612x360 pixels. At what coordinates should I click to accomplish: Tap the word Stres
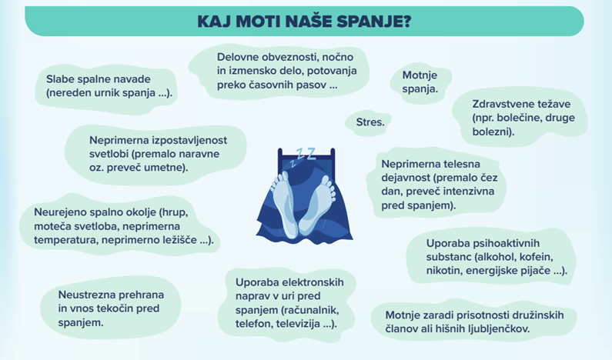(370, 122)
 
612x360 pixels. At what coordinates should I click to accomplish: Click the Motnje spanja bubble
(420, 82)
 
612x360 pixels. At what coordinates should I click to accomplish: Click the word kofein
(537, 256)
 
